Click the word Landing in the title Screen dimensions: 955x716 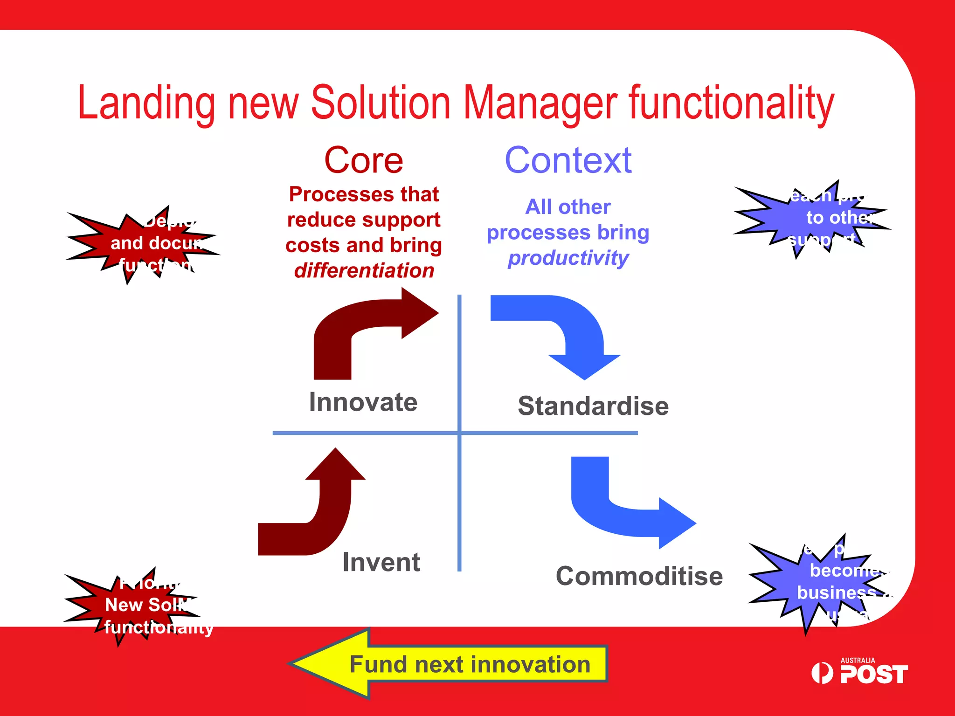146,103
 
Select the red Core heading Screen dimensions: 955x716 363,160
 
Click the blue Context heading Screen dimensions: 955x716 568,160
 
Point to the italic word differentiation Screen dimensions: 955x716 364,270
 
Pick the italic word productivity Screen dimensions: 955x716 568,258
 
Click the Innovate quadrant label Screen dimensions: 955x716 363,402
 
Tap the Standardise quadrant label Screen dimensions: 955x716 593,406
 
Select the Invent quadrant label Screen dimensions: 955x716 381,562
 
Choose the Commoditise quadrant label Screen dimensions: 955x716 639,576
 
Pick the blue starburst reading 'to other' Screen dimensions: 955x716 814,218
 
